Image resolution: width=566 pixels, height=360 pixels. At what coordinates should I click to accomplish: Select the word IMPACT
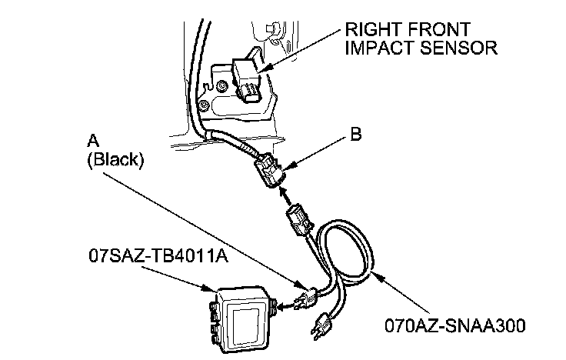382,48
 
